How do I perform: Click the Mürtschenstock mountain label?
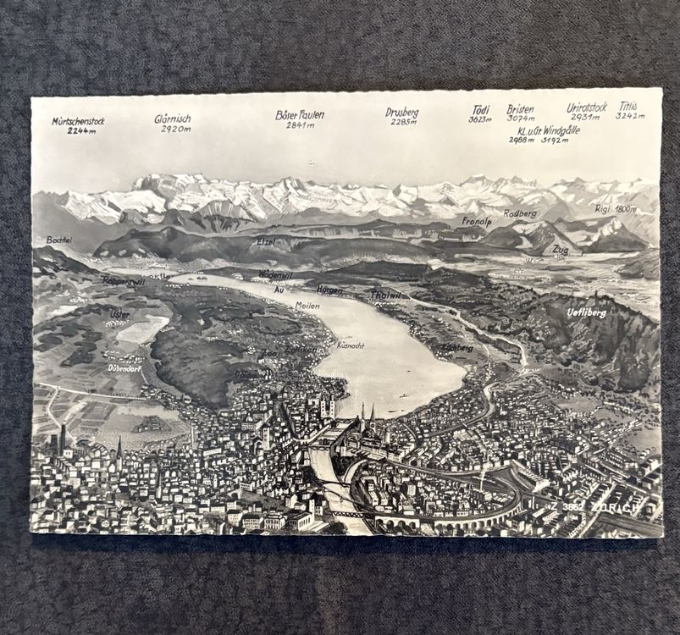tap(78, 121)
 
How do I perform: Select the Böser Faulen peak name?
tap(300, 114)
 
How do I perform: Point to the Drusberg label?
tap(401, 112)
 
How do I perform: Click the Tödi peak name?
tap(480, 109)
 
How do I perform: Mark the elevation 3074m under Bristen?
tap(520, 119)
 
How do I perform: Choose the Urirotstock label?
tap(587, 108)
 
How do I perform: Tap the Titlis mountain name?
tap(627, 107)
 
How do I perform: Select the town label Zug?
tap(560, 250)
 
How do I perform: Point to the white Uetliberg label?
tap(586, 312)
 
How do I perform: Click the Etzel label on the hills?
tap(266, 242)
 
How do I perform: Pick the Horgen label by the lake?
tap(329, 290)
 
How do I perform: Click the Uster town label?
tap(119, 314)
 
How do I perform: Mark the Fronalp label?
tap(476, 222)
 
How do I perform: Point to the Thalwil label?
tap(385, 295)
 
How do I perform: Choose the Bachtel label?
tap(59, 240)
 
